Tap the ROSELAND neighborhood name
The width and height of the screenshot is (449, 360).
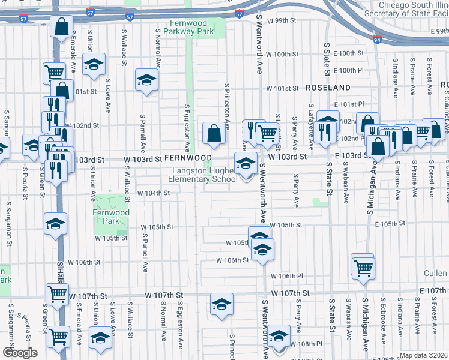coord(324,88)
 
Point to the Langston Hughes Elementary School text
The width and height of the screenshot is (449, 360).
coord(202,175)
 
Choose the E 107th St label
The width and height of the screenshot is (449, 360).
coord(433,291)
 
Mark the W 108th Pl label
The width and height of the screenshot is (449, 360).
coord(306,344)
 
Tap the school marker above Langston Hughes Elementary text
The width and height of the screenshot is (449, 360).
coord(245,164)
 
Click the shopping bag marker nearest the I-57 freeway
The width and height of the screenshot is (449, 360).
coord(62,27)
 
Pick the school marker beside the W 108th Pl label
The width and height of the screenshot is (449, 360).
coord(279,336)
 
